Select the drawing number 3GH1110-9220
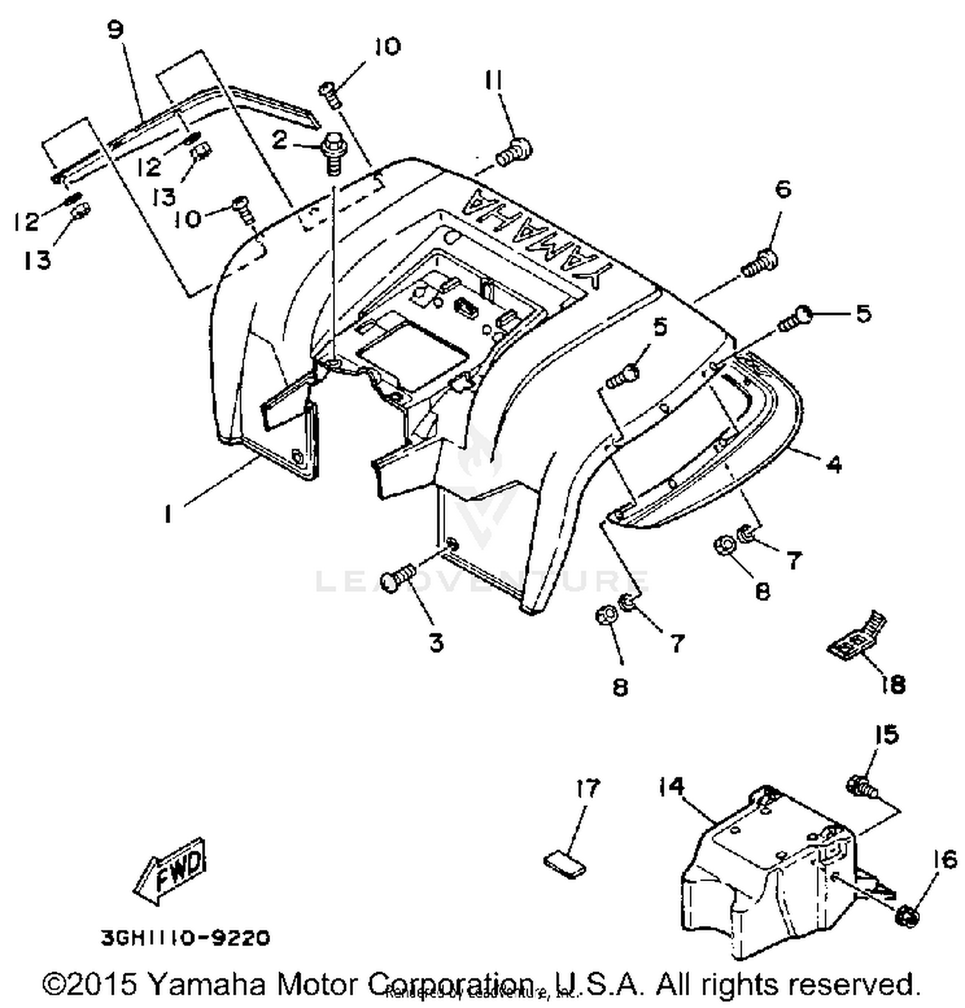pos(185,938)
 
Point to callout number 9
pos(115,30)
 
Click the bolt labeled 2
pos(333,150)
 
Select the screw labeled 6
pos(761,264)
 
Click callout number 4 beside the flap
pos(834,463)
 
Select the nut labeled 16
pos(908,915)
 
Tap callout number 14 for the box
pos(672,786)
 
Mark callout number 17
pos(588,788)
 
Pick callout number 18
pos(893,684)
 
